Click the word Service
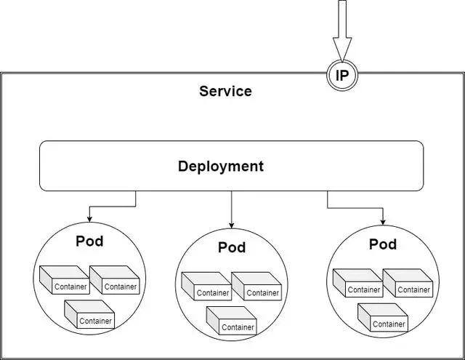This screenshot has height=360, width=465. [225, 92]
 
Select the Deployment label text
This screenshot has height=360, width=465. [221, 167]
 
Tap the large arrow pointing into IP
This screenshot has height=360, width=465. [342, 33]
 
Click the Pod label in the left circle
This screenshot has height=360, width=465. [89, 241]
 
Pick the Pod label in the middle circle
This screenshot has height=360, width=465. [232, 248]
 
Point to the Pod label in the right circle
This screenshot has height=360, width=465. [383, 244]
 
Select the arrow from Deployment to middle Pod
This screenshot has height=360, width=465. [232, 211]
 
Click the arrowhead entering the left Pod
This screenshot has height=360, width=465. [89, 218]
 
